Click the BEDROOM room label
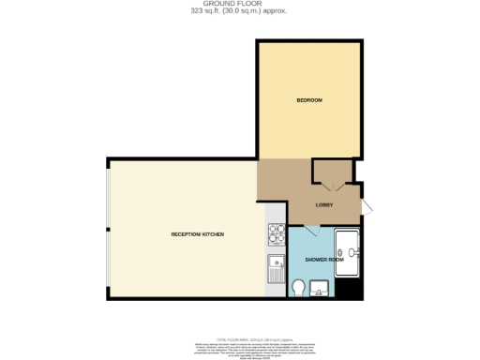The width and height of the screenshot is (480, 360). pyautogui.click(x=309, y=100)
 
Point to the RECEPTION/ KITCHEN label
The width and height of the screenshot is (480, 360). pyautogui.click(x=197, y=233)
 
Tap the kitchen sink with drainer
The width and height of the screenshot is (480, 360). pyautogui.click(x=276, y=269)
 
